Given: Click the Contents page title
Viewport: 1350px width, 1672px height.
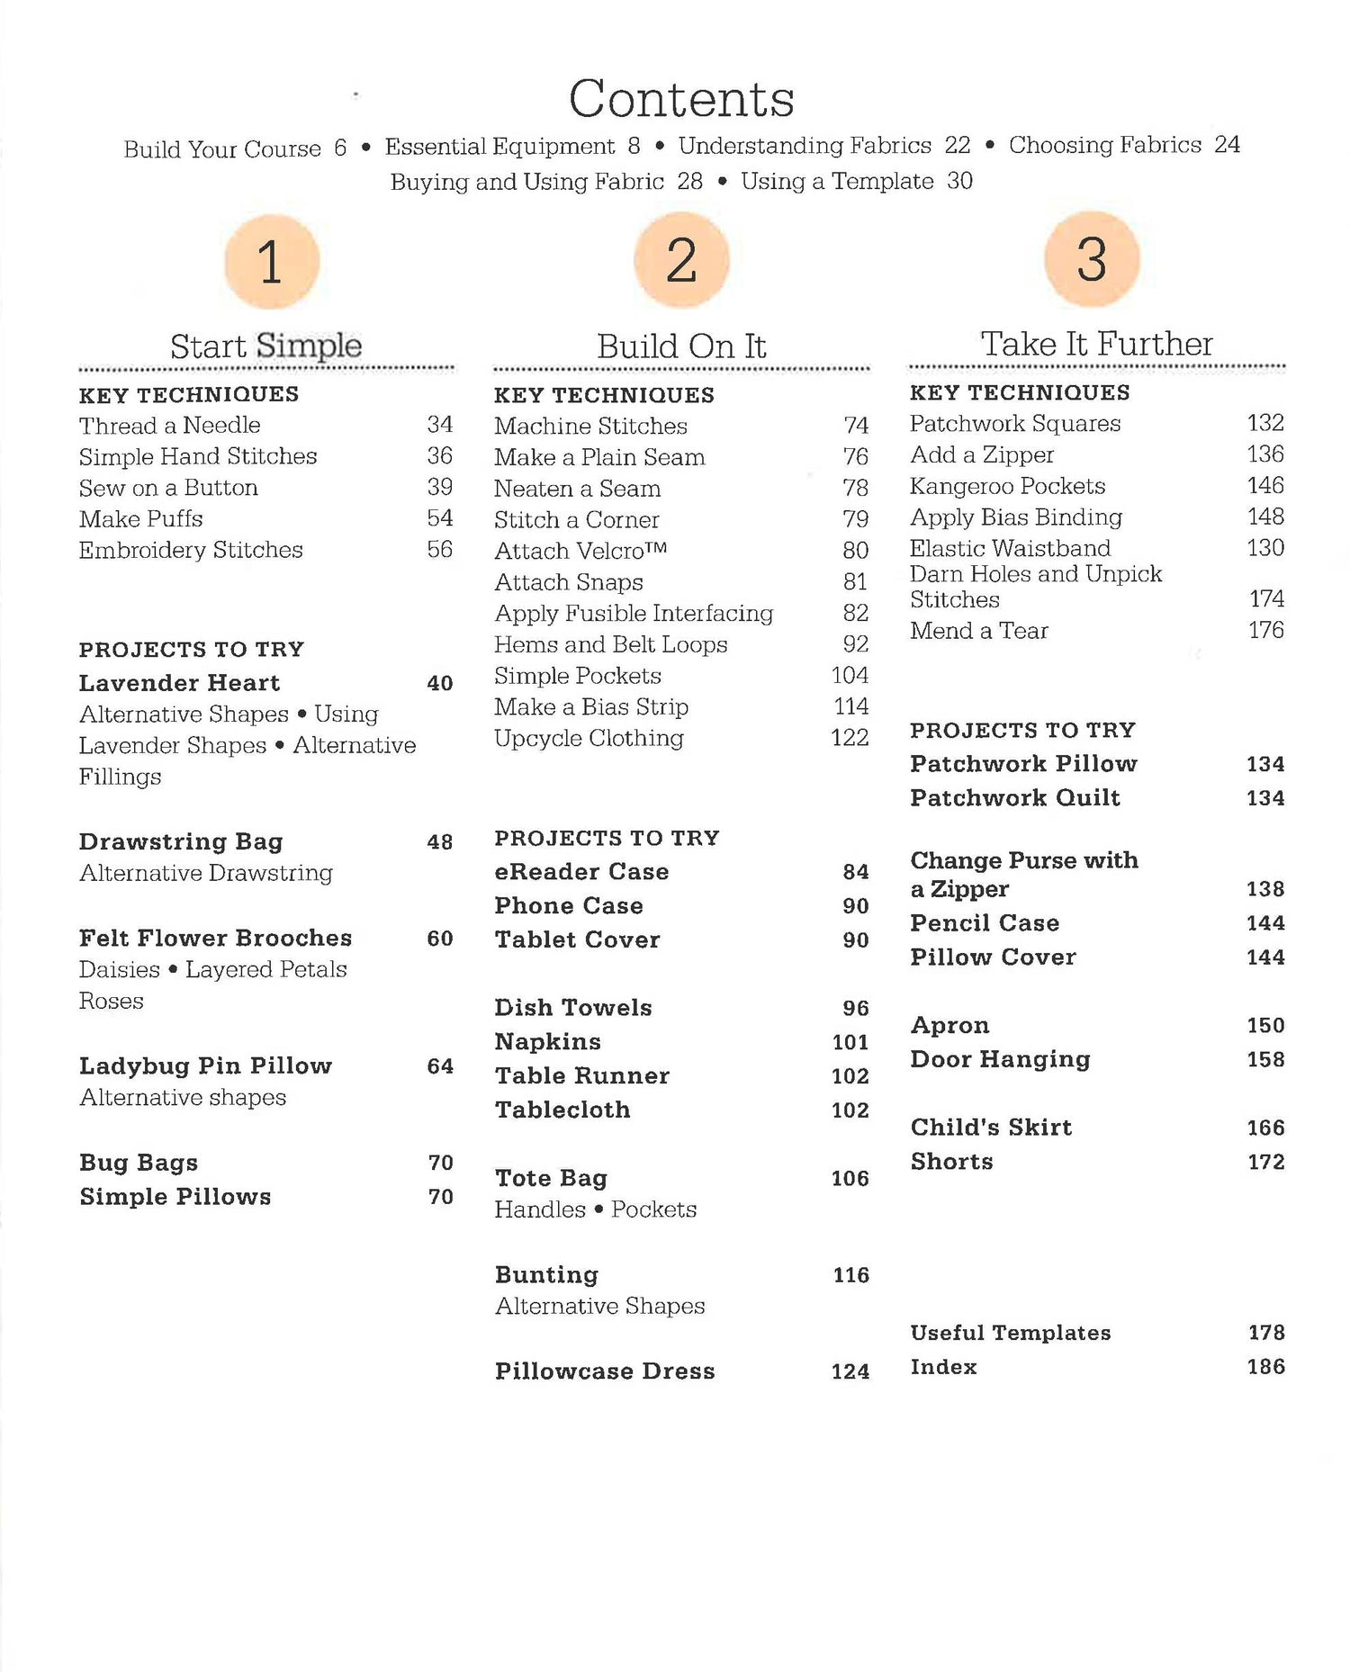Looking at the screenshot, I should (x=681, y=99).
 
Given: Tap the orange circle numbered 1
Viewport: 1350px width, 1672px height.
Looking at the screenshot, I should (x=271, y=262).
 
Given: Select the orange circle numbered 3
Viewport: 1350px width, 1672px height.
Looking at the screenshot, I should (x=1092, y=259).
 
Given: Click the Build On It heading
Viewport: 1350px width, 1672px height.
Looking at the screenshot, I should (x=681, y=346).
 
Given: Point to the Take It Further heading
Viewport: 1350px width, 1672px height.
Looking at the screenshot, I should (x=1096, y=344).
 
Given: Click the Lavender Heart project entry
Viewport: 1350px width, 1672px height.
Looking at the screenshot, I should (x=180, y=683).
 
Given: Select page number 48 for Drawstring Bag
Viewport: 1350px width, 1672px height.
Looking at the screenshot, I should (x=439, y=842).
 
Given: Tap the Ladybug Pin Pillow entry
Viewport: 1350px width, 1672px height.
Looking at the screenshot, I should (x=205, y=1066).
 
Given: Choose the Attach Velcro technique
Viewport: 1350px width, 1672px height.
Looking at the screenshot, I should (x=580, y=551).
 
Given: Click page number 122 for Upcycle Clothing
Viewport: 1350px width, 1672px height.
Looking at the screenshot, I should (x=850, y=738).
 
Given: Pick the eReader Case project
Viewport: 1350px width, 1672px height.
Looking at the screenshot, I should (x=581, y=872).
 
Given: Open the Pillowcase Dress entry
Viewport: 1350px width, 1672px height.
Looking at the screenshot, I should (x=605, y=1371).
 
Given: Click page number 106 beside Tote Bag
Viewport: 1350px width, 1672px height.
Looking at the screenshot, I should (x=850, y=1179).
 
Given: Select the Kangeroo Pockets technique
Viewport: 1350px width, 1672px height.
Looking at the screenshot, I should (x=1007, y=487).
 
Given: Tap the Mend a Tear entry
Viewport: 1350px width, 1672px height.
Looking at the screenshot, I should (x=979, y=631).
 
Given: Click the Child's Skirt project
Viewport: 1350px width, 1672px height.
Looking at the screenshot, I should (x=991, y=1128).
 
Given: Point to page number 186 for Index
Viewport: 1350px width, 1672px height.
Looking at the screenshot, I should (x=1265, y=1367).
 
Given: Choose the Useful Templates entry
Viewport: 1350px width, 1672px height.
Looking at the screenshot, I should (x=1011, y=1333).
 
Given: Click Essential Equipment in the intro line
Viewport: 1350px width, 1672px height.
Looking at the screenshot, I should (x=500, y=147).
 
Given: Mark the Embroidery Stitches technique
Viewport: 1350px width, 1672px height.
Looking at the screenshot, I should (x=191, y=550).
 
